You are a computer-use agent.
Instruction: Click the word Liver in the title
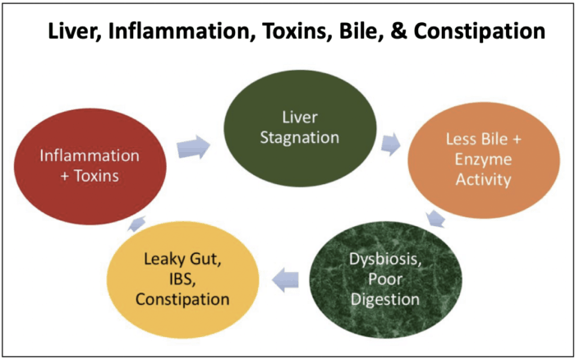click(75, 32)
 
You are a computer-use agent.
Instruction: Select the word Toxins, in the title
click(297, 31)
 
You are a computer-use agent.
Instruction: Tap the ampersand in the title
click(398, 31)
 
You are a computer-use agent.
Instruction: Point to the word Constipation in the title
click(479, 32)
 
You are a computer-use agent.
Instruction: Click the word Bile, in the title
click(361, 31)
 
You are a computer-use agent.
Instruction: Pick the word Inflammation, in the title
click(182, 31)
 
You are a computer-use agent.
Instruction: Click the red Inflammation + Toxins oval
click(90, 166)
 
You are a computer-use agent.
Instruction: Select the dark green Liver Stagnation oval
click(300, 128)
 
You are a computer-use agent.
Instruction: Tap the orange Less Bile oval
click(484, 160)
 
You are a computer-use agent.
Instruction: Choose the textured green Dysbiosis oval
click(385, 279)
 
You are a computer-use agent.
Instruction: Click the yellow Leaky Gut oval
click(182, 279)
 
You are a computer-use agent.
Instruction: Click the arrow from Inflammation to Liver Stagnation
click(193, 147)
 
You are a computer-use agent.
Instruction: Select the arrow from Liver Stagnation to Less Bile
click(391, 144)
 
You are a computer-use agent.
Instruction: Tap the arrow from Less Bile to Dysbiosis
click(436, 219)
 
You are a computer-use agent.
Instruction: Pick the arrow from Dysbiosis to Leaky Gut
click(285, 279)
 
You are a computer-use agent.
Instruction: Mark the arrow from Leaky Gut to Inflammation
click(136, 224)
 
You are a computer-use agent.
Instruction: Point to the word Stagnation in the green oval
click(300, 138)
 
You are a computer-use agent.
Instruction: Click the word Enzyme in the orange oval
click(483, 160)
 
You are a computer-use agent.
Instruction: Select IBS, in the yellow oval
click(182, 279)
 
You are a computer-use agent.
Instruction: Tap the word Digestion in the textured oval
click(385, 299)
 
